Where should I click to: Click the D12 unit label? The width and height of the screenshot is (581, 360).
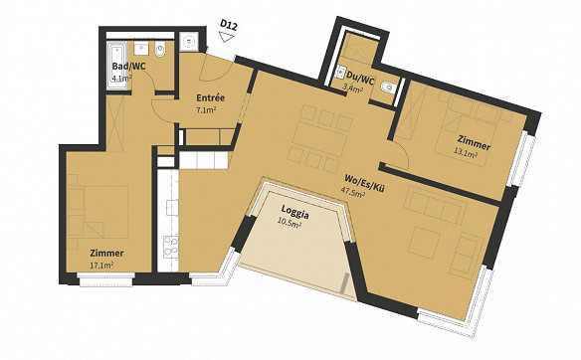pos(228,24)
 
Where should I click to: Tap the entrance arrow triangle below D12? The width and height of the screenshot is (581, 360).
pos(226,36)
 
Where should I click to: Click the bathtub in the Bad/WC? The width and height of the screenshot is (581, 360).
pos(116,66)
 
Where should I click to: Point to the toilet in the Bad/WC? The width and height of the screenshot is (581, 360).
pos(160,50)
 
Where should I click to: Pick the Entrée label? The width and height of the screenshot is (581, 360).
pos(211,98)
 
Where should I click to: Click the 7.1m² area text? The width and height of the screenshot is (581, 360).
pos(206,109)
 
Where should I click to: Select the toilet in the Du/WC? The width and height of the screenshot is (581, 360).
pos(388,88)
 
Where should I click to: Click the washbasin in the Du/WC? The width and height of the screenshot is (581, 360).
pos(340,73)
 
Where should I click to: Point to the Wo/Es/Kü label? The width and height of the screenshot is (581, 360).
pos(363,183)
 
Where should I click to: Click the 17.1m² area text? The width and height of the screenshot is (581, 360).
pos(101,266)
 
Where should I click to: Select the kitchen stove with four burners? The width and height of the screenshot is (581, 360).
pos(171,247)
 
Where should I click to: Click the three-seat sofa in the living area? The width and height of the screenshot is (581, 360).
pos(436,205)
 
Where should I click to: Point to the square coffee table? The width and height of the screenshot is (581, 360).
pos(425,242)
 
